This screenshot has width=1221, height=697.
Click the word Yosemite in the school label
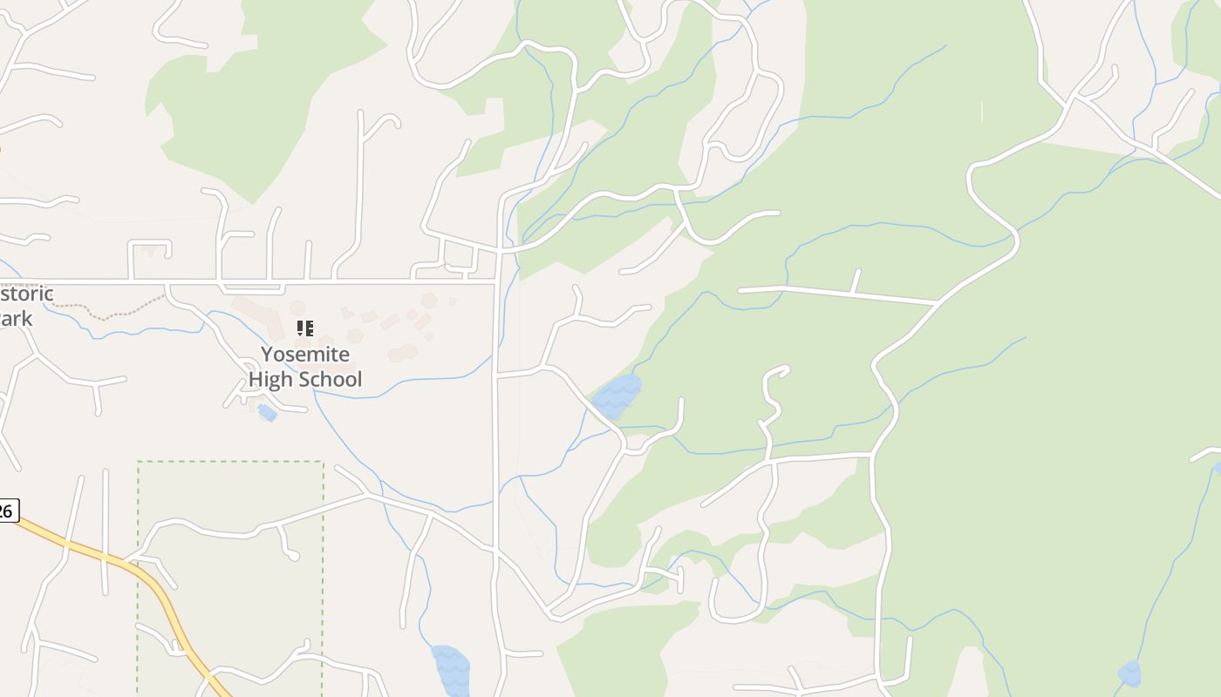[305, 355]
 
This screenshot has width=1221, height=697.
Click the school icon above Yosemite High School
[304, 328]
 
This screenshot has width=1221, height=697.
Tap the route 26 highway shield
[6, 511]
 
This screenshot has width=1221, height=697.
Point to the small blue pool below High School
[268, 412]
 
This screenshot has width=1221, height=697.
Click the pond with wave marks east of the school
[617, 396]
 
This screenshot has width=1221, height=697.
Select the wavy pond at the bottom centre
[451, 669]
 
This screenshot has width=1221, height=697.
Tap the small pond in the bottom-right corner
[1129, 673]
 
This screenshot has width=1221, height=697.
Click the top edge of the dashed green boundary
[230, 462]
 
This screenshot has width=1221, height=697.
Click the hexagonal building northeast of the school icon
[428, 300]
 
